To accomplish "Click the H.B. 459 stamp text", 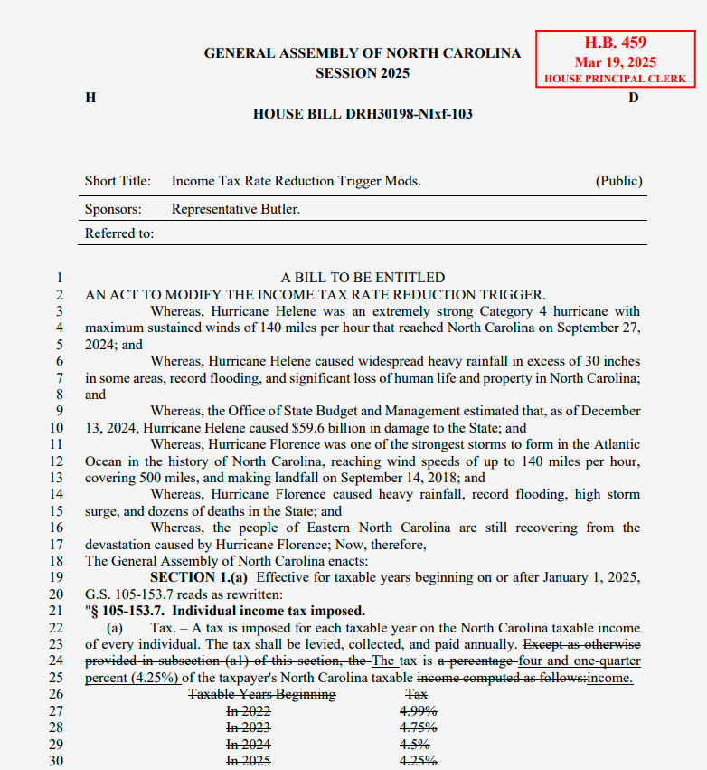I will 616,43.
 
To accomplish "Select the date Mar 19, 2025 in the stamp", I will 616,62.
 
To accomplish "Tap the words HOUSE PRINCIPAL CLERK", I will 616,80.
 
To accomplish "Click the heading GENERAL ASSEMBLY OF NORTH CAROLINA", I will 362,53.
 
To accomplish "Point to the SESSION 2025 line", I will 362,73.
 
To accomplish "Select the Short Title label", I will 118,181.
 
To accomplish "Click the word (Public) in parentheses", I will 618,181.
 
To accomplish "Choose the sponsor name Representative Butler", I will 236,209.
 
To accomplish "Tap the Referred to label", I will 119,233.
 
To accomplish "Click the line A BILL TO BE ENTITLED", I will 363,278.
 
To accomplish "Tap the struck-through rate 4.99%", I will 419,711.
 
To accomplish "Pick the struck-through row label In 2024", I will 248,744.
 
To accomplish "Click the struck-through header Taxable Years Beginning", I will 261,694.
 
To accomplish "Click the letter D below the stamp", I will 634,97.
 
